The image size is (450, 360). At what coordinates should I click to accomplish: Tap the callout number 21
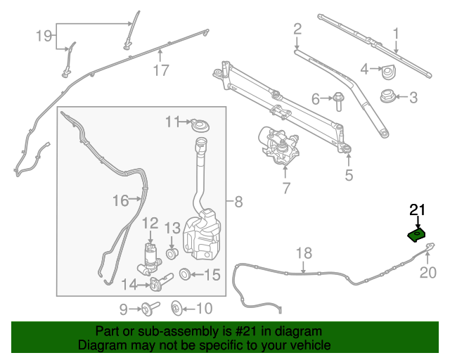pyautogui.click(x=418, y=210)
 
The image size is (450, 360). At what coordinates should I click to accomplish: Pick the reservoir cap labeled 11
pyautogui.click(x=200, y=126)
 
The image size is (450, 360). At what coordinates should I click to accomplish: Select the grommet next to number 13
pyautogui.click(x=170, y=252)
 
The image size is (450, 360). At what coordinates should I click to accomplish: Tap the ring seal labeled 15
pyautogui.click(x=184, y=274)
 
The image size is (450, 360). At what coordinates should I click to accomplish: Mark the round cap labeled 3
pyautogui.click(x=386, y=96)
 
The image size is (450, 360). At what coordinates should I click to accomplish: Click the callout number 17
pyautogui.click(x=161, y=70)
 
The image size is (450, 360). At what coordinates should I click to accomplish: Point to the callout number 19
pyautogui.click(x=44, y=35)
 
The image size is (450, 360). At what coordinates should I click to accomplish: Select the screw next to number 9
pyautogui.click(x=148, y=307)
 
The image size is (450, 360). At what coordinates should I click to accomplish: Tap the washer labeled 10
pyautogui.click(x=176, y=307)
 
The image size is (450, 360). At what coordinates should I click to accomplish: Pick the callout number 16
pyautogui.click(x=120, y=201)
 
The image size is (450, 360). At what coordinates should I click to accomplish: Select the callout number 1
pyautogui.click(x=396, y=33)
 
